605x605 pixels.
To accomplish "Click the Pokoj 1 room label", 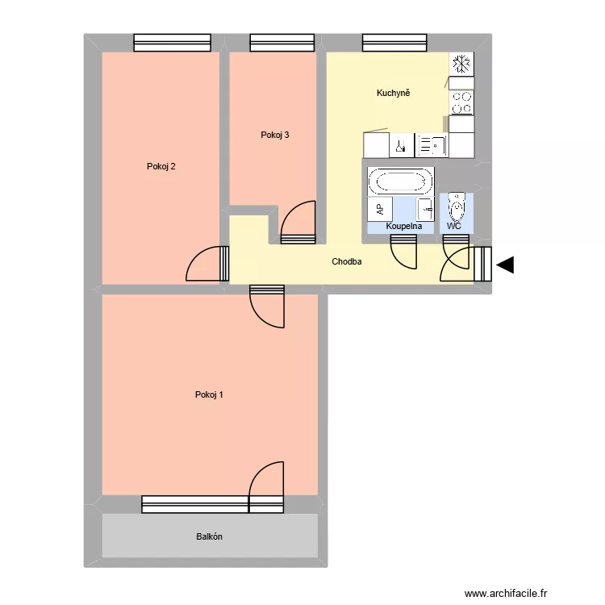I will (x=209, y=394).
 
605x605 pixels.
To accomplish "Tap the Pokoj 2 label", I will (x=161, y=167).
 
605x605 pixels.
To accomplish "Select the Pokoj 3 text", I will (x=275, y=135).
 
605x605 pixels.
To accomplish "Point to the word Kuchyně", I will (x=394, y=94).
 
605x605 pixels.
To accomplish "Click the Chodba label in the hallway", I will (x=347, y=262).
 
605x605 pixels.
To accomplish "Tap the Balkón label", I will (x=209, y=536).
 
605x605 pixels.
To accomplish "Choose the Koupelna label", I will (x=404, y=227).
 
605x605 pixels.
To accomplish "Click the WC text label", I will (x=454, y=227).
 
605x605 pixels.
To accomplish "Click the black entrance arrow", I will (x=506, y=265).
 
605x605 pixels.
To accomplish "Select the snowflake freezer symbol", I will (x=461, y=64).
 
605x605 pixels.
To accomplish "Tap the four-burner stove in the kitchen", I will (x=461, y=102).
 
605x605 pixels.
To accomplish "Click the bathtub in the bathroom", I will (x=401, y=181).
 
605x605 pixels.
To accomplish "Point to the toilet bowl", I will (x=457, y=207).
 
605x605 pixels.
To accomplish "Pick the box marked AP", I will (x=379, y=208).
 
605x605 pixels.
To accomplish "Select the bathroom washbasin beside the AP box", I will (x=425, y=208).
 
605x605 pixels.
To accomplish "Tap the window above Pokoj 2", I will (x=172, y=42).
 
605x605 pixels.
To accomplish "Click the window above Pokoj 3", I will (x=282, y=42).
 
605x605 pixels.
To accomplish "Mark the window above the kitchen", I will (x=394, y=42).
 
